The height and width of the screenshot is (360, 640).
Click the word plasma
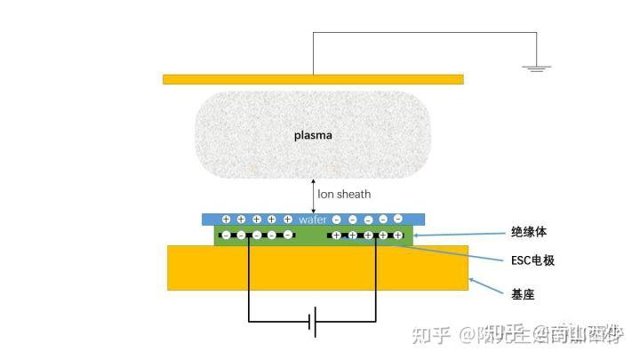coord(313,136)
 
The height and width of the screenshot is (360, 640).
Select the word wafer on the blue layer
coord(313,219)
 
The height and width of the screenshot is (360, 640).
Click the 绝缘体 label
coord(530,231)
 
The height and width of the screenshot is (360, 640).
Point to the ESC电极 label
coord(536,261)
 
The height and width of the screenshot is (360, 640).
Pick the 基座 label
coord(523,293)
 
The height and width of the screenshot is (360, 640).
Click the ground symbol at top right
coord(536,66)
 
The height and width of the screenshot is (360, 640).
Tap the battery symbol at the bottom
coord(312,322)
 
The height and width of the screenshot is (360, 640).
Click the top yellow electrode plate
coord(313,79)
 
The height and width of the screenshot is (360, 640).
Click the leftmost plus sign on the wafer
coord(226,219)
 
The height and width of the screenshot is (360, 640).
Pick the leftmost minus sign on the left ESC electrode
coord(226,236)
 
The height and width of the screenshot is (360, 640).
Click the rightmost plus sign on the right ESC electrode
coord(398,236)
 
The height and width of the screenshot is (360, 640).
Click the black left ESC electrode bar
coord(258,236)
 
